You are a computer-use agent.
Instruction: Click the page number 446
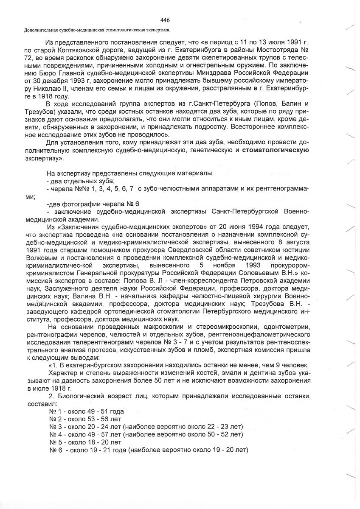coord(166,20)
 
